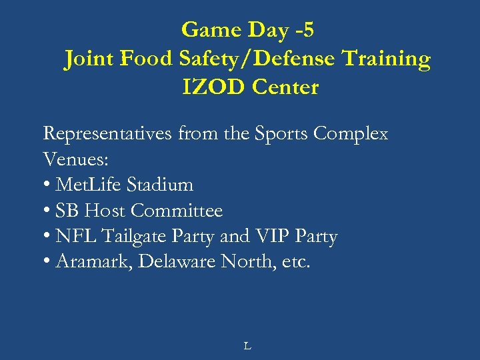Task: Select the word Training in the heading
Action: [387, 59]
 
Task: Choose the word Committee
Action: [177, 211]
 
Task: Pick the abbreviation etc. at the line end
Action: [295, 263]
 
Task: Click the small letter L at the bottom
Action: [247, 346]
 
